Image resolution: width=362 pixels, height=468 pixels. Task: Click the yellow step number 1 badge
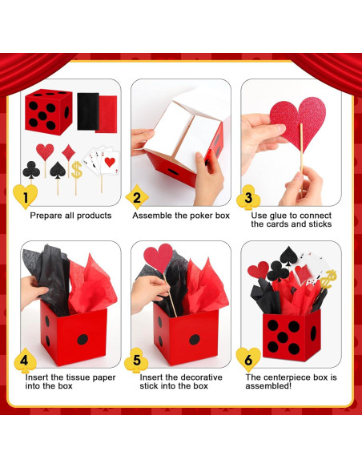point(26,196)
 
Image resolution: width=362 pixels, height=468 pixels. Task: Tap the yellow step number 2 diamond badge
point(136,196)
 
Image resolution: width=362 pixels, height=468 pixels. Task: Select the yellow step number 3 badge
point(248,197)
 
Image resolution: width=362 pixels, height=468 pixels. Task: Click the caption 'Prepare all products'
point(70,216)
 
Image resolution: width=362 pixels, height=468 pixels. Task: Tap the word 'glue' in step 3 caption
point(280,216)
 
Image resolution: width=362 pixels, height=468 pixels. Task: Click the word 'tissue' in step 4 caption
point(84,377)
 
